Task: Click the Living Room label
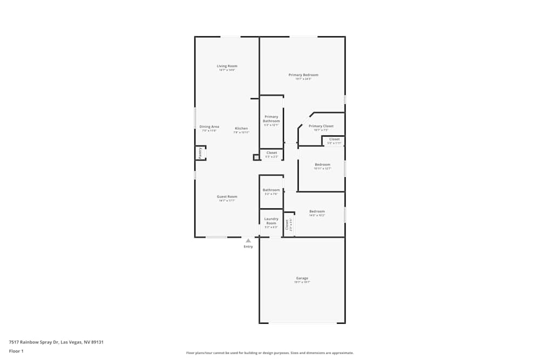[x=227, y=66]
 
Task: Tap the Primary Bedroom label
[x=303, y=75]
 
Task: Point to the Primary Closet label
[x=321, y=126]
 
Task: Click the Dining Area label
[x=209, y=127]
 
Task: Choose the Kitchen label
[x=241, y=128]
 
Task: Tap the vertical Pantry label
[x=200, y=153]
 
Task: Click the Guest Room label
[x=227, y=196]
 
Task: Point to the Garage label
[x=302, y=279]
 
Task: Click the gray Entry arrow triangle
[x=248, y=241]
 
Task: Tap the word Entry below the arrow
[x=248, y=247]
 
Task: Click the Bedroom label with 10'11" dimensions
[x=322, y=165]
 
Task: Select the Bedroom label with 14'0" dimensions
[x=317, y=211]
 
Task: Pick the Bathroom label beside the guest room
[x=271, y=190]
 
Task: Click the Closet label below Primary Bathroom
[x=272, y=153]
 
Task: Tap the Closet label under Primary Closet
[x=334, y=139]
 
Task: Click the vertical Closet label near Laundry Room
[x=287, y=225]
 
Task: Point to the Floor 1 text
[x=16, y=351]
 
